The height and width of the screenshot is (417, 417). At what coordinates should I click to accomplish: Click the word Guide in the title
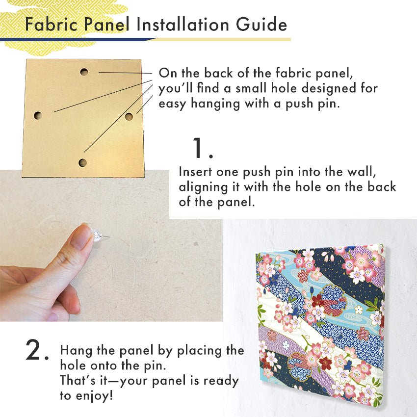point(261,24)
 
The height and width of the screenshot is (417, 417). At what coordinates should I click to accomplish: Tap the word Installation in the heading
point(182,24)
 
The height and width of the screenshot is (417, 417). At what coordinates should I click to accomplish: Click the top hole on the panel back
point(84,72)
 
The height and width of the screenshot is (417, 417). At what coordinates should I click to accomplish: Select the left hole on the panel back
point(38,115)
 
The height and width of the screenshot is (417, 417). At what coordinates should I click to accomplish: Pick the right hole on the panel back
point(129,116)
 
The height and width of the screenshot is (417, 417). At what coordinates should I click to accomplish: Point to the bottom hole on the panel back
point(83,162)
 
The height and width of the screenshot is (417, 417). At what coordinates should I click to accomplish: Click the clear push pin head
point(98,235)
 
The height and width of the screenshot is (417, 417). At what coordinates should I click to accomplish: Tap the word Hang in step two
point(77,350)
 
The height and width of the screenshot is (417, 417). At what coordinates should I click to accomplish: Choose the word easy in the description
point(172,104)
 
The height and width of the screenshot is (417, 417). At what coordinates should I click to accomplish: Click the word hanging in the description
point(215,104)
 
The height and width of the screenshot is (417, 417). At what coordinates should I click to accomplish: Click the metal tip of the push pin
point(106,235)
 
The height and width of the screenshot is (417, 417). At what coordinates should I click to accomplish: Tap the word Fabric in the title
point(51,24)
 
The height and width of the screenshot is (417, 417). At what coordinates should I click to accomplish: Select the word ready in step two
point(221,381)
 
